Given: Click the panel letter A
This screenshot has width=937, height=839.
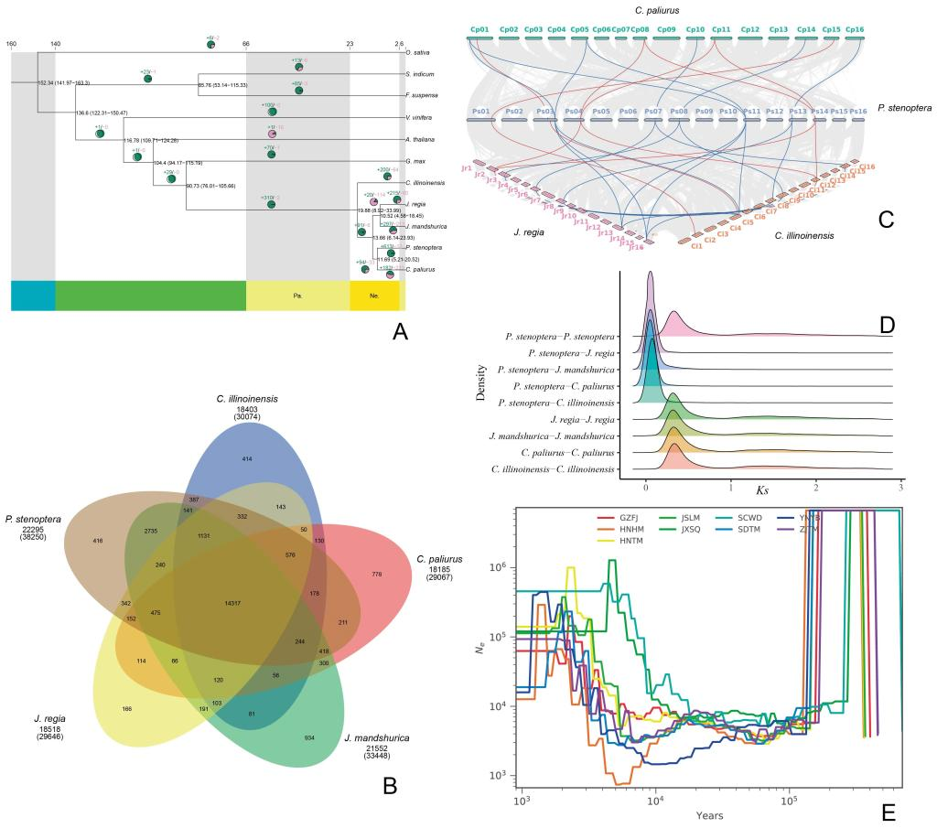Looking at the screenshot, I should [400, 334].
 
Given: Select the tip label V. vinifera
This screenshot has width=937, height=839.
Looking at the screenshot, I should [419, 118].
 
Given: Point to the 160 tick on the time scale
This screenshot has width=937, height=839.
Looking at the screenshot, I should [11, 43].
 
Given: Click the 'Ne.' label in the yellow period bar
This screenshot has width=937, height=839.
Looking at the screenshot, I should [374, 296].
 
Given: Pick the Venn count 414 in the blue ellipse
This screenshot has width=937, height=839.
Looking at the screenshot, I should [246, 457].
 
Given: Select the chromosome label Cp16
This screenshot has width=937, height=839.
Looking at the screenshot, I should [855, 29].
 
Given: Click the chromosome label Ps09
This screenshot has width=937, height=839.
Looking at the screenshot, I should [704, 111].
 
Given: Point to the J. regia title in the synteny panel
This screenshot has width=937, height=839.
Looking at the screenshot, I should [529, 232].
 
